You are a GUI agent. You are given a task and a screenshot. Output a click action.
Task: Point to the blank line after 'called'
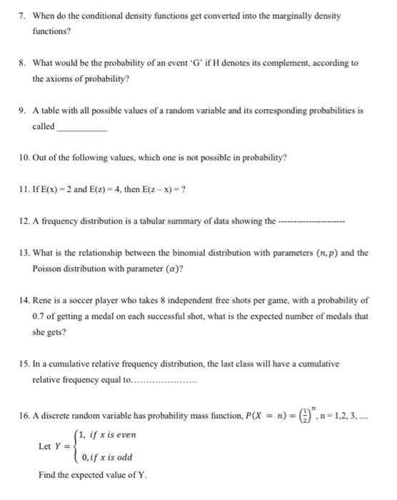pos(81,129)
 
